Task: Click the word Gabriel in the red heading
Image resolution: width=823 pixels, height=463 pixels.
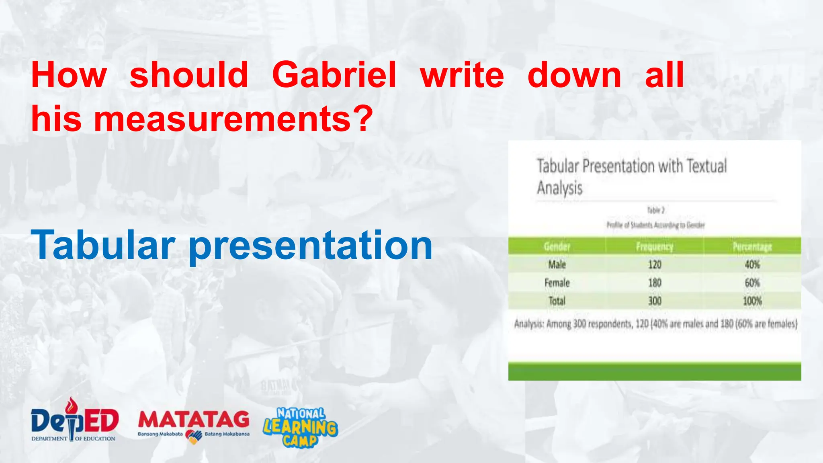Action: (334, 75)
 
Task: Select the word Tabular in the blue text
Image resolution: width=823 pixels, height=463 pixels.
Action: (103, 244)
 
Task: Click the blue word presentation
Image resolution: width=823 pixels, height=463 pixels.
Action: (310, 245)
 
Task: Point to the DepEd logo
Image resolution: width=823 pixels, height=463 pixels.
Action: (74, 420)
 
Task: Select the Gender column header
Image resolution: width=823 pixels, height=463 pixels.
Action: (557, 246)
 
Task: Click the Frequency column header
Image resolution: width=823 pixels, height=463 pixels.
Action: (655, 246)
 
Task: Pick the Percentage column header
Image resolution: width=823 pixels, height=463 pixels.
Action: (752, 246)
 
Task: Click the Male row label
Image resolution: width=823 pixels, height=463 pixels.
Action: (557, 264)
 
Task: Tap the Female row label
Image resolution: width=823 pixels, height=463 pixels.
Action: (557, 283)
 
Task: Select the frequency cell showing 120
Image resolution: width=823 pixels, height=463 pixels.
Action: (655, 264)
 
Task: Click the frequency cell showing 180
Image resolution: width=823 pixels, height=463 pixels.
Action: (655, 283)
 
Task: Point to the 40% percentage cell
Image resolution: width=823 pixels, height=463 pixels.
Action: (752, 264)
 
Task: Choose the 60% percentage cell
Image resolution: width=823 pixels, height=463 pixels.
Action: (752, 283)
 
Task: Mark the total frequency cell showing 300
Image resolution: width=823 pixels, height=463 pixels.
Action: (655, 301)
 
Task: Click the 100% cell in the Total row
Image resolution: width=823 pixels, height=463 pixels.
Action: (752, 301)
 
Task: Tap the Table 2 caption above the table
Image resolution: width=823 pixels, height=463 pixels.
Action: (655, 210)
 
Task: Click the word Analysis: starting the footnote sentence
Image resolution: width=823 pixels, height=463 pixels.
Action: (529, 324)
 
